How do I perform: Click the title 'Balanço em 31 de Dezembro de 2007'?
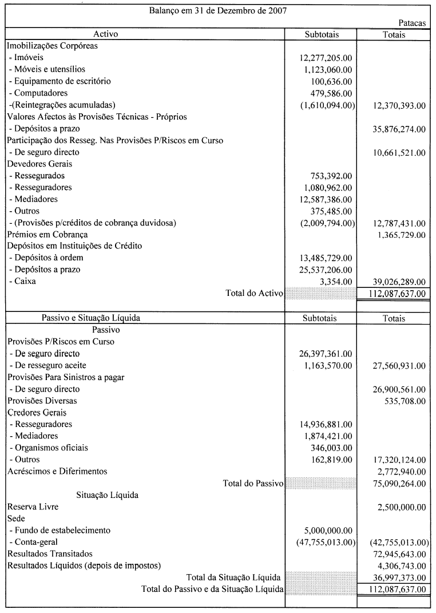218,10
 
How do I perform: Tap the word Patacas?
412,23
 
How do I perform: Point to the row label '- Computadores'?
38,93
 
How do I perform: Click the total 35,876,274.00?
398,129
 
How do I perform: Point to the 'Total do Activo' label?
255,294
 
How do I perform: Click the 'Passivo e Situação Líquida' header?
91,318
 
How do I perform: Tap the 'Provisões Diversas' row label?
42,401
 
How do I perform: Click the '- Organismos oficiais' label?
49,448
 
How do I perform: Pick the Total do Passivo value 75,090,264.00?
398,484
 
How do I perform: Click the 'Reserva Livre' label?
33,507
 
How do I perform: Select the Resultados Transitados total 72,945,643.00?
398,554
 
